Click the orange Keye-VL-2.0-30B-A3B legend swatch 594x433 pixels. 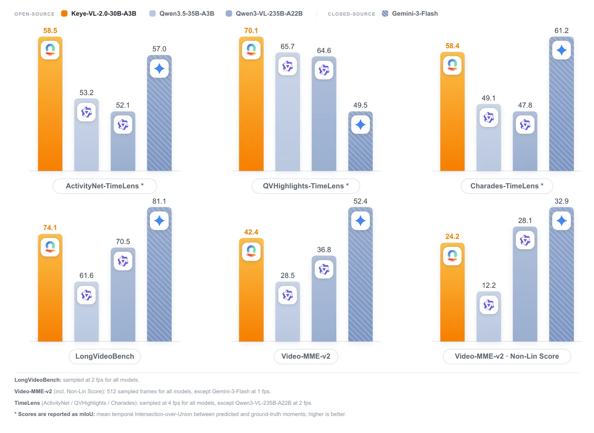pos(64,13)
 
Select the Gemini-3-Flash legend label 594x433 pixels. pos(415,13)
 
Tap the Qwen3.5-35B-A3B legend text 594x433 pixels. pos(187,13)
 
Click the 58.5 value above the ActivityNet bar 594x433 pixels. pos(50,30)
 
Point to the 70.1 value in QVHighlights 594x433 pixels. pos(251,30)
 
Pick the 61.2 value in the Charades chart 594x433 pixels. pos(561,30)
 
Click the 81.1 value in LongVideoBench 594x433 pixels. pos(159,201)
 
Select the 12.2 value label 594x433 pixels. pos(489,285)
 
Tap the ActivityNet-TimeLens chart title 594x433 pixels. pos(105,186)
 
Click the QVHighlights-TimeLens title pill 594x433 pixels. pos(306,186)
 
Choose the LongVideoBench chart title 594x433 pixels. pos(105,356)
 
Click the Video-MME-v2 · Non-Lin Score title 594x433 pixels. pos(507,356)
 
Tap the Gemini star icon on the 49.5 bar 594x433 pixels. pos(360,125)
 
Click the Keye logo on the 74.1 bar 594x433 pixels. pos(50,247)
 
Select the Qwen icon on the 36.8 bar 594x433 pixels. pos(324,269)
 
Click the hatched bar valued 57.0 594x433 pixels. pos(159,113)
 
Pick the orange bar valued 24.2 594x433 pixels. pos(453,292)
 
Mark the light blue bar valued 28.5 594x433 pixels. pos(288,312)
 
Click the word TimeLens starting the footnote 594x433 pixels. pos(27,403)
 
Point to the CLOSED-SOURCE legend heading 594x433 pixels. pos(351,14)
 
